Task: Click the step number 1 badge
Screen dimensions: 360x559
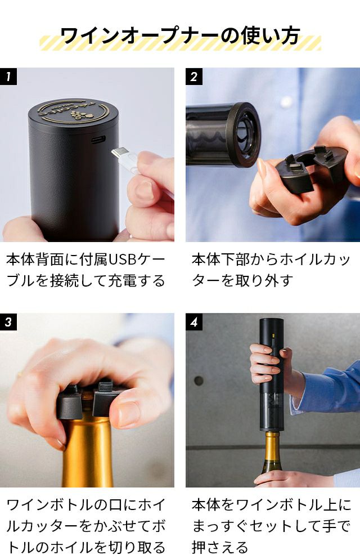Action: tap(8, 77)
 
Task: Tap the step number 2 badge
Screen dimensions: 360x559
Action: tap(194, 77)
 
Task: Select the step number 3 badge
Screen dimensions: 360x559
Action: tap(8, 322)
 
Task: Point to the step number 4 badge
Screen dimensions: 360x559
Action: tap(194, 322)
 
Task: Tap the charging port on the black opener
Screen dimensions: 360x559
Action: tap(98, 139)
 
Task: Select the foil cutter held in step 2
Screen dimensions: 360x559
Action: tap(310, 168)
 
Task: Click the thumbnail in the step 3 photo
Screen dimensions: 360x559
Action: tap(128, 414)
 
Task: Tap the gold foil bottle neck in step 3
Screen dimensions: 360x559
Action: tap(88, 453)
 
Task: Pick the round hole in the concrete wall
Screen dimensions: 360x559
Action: tap(199, 381)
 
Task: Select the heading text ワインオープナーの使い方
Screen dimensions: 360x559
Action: tap(180, 36)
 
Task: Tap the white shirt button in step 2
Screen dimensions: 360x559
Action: tap(286, 102)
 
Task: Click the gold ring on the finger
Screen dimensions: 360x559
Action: tap(19, 374)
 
